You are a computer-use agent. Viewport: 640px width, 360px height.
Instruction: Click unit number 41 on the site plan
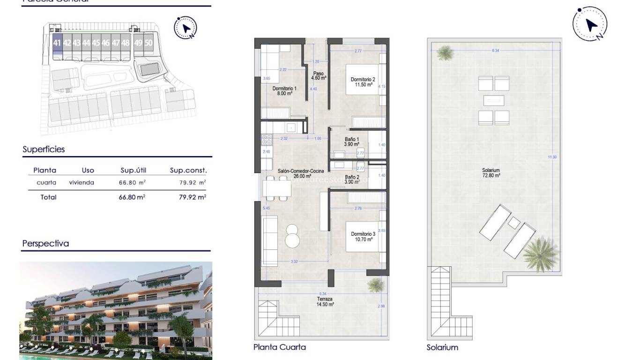point(57,43)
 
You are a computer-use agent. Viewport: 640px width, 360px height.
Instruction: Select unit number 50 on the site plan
point(149,43)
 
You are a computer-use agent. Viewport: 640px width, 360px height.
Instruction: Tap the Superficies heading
point(44,150)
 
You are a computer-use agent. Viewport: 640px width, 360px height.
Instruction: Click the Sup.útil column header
point(134,171)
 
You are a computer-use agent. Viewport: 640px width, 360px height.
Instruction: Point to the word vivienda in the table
point(82,183)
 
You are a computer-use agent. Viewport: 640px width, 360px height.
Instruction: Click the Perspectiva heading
point(45,244)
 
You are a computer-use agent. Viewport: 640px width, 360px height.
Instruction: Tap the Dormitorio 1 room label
point(284,91)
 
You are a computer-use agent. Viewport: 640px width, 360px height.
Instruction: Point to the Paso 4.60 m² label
point(319,75)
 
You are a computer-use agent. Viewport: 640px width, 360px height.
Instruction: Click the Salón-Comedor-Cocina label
point(300,174)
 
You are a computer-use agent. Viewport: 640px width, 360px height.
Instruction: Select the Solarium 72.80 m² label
point(491,173)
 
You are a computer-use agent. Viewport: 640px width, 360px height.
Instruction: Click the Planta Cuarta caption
point(279,347)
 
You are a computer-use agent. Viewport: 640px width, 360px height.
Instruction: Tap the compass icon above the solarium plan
point(590,24)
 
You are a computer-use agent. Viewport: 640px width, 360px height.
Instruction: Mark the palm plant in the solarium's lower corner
point(540,254)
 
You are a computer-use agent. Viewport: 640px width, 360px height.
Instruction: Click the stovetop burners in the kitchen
point(267,139)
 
